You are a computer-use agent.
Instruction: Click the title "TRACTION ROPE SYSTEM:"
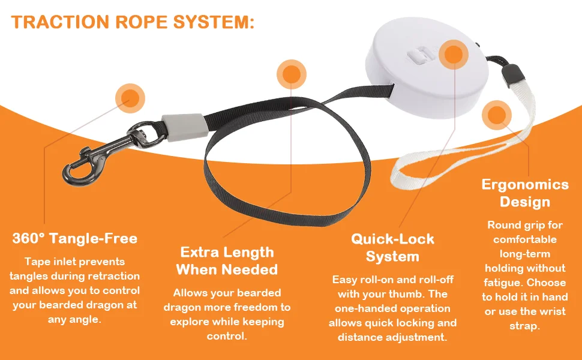coord(133,22)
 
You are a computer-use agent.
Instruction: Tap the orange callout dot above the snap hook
coord(130,97)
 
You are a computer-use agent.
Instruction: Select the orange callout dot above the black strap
coord(292,74)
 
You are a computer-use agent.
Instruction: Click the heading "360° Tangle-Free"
coord(75,238)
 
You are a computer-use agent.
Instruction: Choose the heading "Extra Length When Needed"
coord(227,260)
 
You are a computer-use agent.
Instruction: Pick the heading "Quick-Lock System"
coord(392,248)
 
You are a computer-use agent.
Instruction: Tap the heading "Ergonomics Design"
coord(525,193)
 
